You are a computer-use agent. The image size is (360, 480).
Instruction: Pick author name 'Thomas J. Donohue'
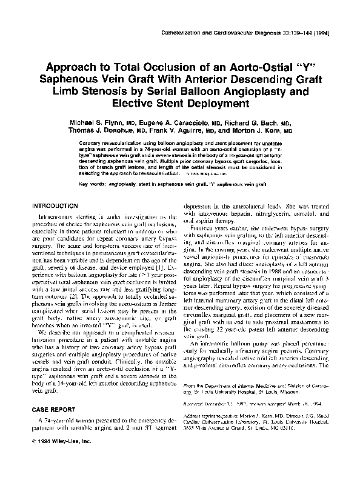click(x=96, y=130)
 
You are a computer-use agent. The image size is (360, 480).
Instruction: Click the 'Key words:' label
click(x=92, y=182)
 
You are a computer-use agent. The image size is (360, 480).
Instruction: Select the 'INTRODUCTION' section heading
click(x=54, y=206)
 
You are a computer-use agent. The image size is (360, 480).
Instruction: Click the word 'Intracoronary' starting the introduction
click(x=57, y=217)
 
